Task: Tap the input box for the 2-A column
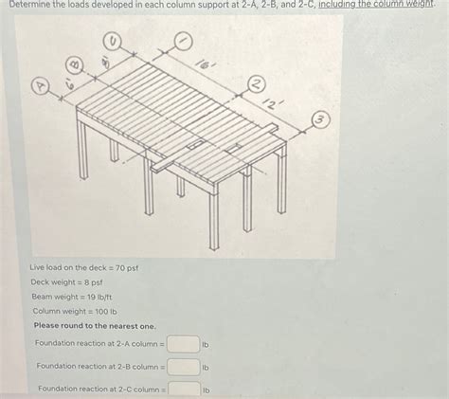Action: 184,343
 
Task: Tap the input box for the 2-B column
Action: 184,367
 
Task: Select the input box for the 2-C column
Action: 184,389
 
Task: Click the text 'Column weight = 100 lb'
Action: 74,311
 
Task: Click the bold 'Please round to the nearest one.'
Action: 94,325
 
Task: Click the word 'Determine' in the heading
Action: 28,5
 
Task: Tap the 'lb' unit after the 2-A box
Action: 205,343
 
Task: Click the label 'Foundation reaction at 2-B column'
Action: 100,366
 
